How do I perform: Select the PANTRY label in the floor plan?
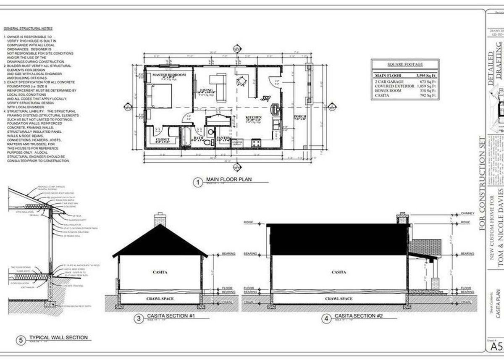[222, 138]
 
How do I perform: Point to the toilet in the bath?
[207, 142]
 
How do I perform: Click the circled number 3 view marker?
[139, 318]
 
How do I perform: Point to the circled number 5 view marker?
[21, 340]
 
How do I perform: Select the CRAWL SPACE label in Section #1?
[160, 299]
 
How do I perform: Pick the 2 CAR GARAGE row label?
[389, 81]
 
